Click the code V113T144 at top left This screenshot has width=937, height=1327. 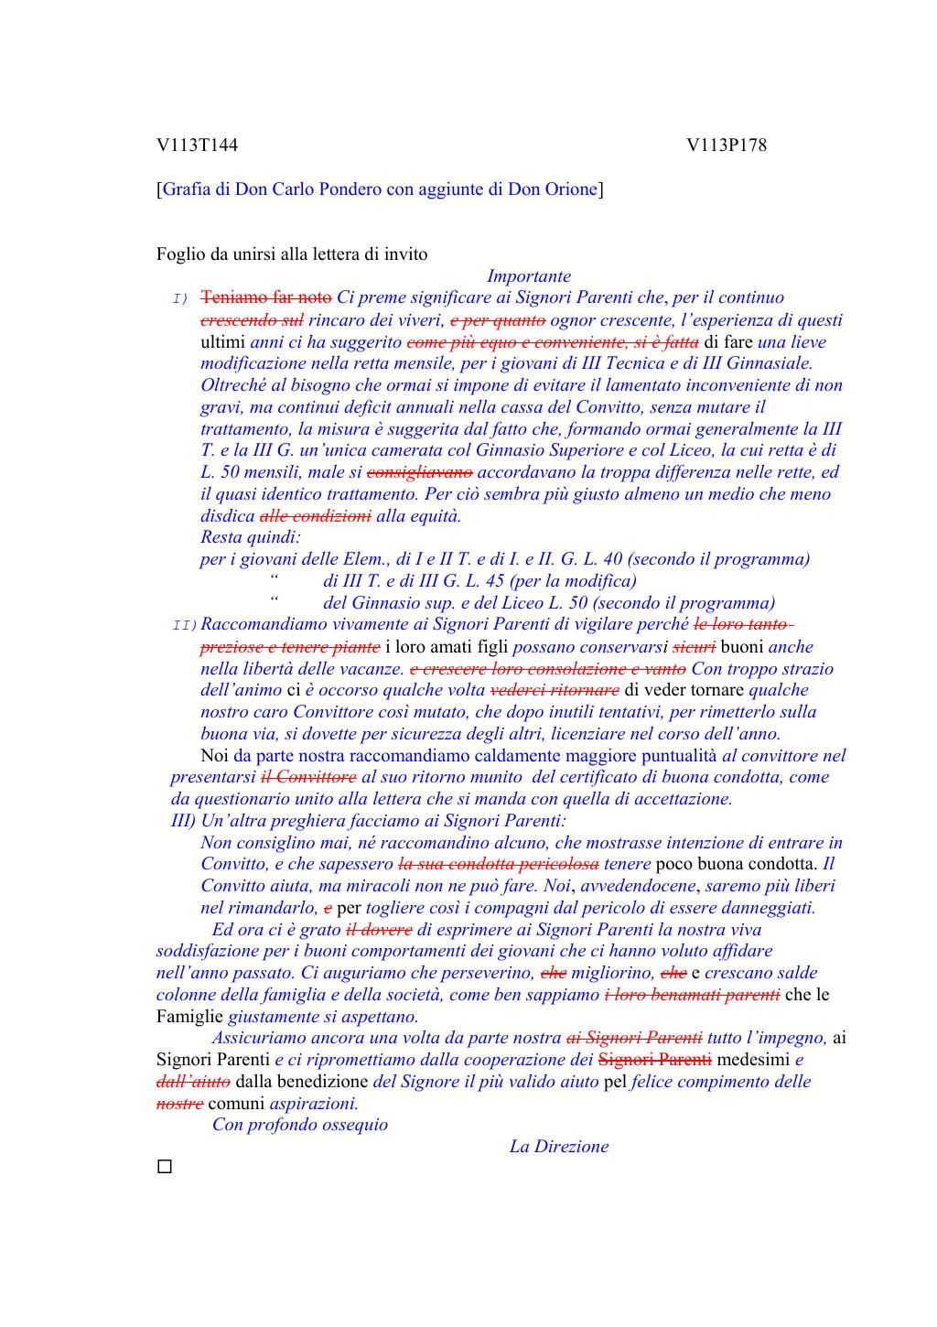(197, 146)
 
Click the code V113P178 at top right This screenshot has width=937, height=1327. (727, 146)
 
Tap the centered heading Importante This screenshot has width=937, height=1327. (529, 276)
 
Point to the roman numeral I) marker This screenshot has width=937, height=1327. (179, 299)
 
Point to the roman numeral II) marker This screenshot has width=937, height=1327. (184, 625)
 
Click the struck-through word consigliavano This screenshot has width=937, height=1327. (419, 472)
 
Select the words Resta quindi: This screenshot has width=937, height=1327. (251, 537)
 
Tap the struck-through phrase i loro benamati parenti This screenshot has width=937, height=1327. (692, 995)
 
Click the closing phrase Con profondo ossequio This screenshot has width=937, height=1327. (300, 1125)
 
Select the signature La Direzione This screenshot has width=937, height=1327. (558, 1147)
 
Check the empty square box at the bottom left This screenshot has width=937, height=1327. (164, 1167)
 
